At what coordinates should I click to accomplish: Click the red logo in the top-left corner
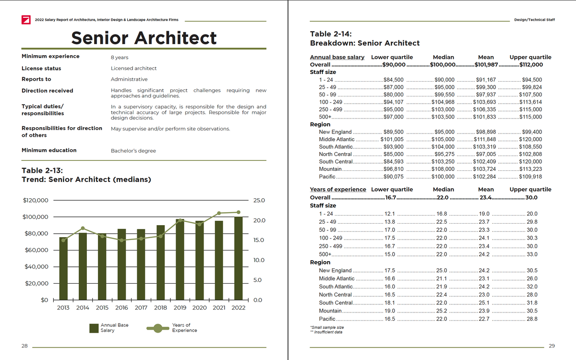click(x=26, y=20)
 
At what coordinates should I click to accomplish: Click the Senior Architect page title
click(x=144, y=38)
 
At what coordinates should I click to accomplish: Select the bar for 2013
click(x=63, y=268)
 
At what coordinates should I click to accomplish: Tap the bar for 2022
click(x=239, y=258)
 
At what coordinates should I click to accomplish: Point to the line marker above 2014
click(x=83, y=228)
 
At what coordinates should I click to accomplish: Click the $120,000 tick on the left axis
click(x=36, y=200)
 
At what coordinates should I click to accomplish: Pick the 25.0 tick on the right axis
click(x=258, y=200)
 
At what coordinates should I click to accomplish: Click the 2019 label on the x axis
click(x=180, y=308)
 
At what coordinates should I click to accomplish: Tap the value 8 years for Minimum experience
click(x=120, y=58)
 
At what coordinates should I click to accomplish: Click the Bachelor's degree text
click(x=133, y=151)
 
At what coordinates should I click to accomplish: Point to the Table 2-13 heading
click(x=43, y=170)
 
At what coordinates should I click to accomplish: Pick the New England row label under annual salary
click(x=335, y=132)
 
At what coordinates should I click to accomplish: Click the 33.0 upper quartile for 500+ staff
click(x=532, y=254)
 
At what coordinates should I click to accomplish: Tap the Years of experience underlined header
click(x=338, y=190)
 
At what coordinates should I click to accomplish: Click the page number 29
click(x=552, y=346)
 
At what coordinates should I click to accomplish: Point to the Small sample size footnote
click(x=327, y=327)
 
